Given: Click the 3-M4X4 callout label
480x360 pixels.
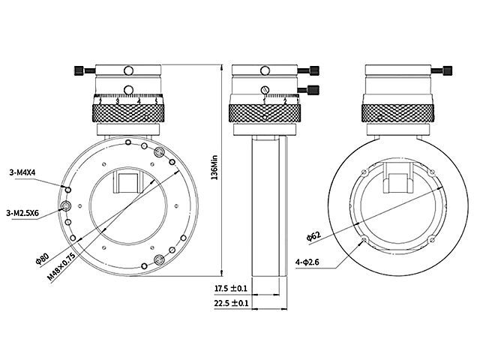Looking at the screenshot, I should point(26,172).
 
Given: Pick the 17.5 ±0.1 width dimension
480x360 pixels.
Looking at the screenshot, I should point(231,288).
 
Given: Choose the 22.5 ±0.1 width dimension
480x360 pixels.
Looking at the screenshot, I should point(231,303).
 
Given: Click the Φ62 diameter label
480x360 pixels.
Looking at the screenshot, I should point(313,235).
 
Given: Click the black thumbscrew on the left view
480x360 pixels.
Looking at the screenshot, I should point(81,71).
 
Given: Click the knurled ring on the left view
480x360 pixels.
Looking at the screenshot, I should point(128,114).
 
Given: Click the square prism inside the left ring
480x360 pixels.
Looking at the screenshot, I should point(128,182).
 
